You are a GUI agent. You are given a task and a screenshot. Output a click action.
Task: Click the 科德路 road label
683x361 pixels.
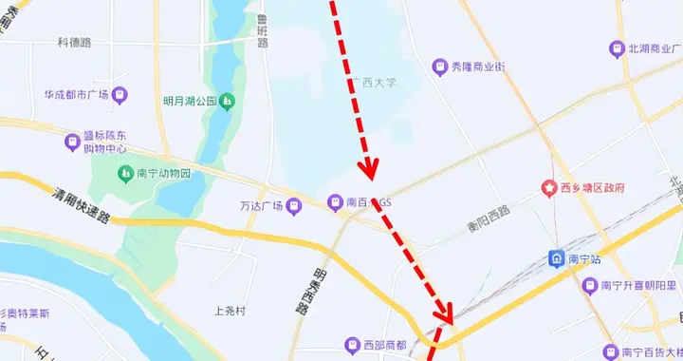point(74,43)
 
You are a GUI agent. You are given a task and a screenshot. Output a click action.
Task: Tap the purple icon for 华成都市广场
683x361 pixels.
point(120,95)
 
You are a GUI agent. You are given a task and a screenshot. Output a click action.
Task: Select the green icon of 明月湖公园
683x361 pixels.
point(227,101)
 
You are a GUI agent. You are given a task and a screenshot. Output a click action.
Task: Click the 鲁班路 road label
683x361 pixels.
point(262,31)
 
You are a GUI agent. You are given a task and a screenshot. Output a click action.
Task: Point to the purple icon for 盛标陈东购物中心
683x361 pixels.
point(72,142)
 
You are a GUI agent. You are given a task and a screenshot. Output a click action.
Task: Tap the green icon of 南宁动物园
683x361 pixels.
point(125,174)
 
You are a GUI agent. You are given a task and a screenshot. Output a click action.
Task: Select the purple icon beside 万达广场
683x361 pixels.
point(295,203)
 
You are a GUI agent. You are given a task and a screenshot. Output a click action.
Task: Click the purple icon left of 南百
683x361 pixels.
point(334,202)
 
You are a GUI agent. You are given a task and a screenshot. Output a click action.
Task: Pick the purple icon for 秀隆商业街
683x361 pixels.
point(440,66)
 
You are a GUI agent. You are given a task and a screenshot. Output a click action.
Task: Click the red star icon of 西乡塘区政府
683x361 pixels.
point(548,188)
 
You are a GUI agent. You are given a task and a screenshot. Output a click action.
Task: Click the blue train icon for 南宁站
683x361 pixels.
point(557,258)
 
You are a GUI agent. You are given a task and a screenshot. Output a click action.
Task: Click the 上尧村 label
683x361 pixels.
point(231,311)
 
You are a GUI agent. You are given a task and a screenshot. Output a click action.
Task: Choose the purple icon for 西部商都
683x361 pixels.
point(353,345)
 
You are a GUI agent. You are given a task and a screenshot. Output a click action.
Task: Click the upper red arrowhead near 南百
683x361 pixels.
point(369,168)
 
